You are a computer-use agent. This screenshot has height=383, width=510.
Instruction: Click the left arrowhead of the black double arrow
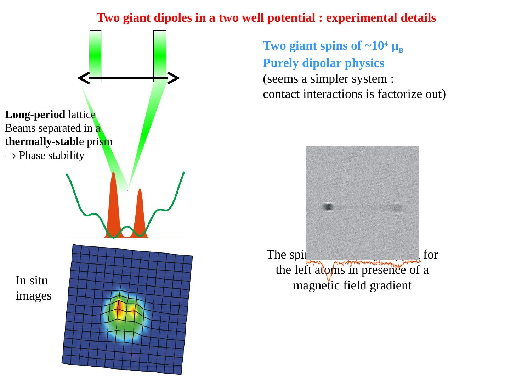tap(84, 78)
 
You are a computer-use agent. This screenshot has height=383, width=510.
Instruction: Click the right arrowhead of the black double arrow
tap(173, 78)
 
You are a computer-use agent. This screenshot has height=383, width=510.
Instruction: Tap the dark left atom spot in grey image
tap(328, 207)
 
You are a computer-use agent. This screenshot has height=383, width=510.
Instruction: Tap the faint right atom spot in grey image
tap(397, 207)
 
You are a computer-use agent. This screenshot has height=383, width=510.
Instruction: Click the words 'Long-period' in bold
tap(35, 115)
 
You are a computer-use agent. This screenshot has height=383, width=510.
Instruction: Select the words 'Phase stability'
tap(52, 155)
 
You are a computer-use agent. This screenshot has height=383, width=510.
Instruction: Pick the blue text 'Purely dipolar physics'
tap(323, 63)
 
